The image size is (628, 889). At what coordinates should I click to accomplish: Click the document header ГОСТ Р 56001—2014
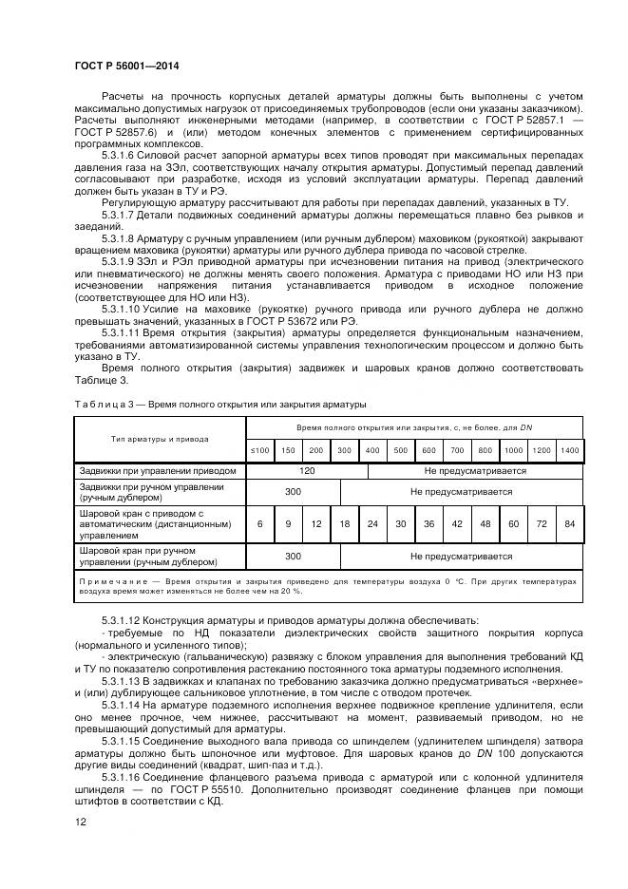point(126,66)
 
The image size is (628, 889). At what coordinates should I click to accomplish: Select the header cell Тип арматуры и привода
point(160,439)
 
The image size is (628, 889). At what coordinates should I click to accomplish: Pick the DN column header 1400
point(569,449)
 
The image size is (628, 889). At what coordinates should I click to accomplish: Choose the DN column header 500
point(401,449)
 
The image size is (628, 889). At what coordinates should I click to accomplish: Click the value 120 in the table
point(307,470)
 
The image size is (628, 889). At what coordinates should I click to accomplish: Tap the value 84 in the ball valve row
point(569,523)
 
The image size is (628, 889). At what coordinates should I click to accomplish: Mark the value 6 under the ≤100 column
point(259,523)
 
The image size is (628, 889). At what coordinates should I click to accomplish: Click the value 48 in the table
point(485,523)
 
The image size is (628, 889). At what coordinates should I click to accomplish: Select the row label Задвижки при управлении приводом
point(156,470)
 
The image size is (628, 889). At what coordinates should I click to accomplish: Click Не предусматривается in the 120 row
point(475,470)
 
